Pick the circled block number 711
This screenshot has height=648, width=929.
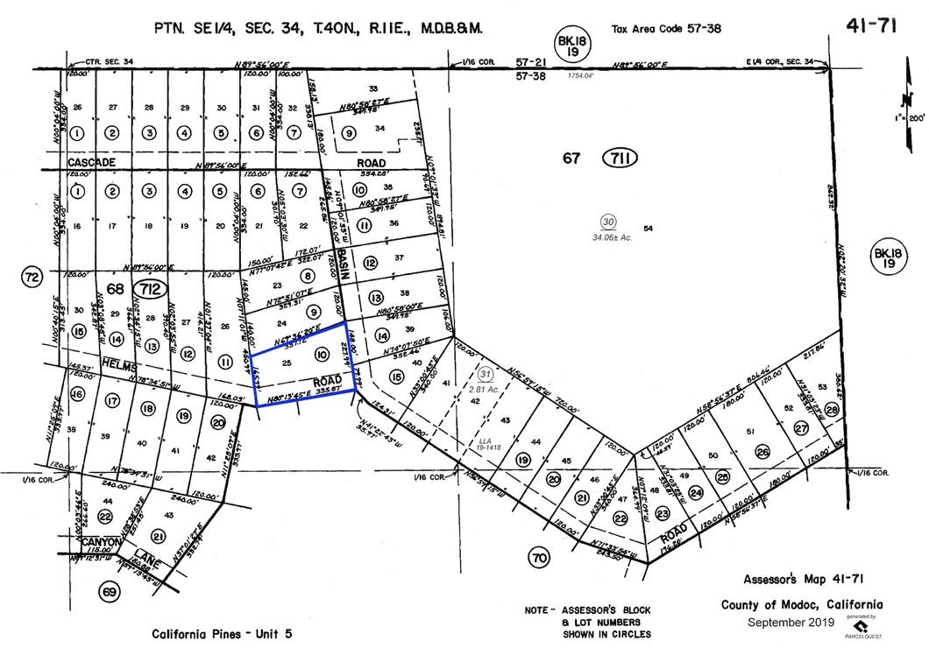pos(619,158)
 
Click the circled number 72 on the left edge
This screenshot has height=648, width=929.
pos(32,278)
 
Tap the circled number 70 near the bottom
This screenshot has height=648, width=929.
pos(538,557)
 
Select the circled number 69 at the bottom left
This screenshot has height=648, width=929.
pos(109,593)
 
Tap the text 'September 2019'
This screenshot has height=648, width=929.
pos(791,622)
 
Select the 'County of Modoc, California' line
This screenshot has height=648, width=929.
pos(801,605)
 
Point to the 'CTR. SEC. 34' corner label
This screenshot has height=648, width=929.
pos(110,61)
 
